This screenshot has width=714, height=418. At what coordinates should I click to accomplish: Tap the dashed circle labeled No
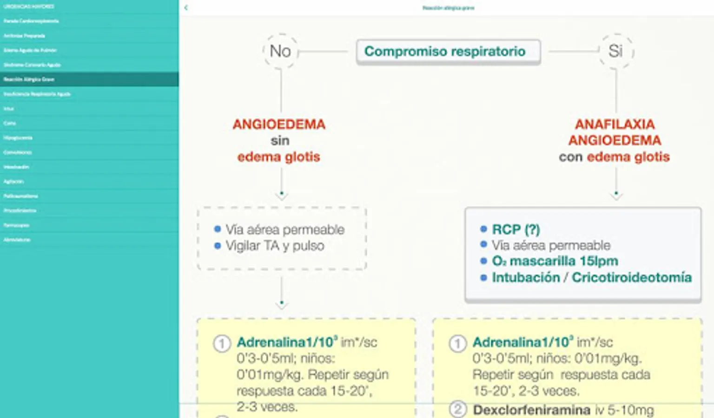(x=280, y=51)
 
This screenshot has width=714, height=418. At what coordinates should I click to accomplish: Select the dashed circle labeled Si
(x=615, y=51)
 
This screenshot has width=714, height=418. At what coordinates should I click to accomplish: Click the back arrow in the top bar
(x=186, y=7)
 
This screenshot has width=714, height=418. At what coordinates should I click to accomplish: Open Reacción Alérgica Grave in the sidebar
(x=29, y=79)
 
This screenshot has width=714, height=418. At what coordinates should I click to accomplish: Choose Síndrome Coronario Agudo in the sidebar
(x=32, y=65)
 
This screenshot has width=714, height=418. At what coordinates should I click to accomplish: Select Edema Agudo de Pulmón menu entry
(x=30, y=50)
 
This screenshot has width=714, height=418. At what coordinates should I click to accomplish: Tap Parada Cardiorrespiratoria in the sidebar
(x=31, y=21)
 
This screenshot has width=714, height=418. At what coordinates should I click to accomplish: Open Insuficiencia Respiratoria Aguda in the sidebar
(x=37, y=94)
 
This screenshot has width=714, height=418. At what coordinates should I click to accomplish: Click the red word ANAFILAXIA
(x=615, y=124)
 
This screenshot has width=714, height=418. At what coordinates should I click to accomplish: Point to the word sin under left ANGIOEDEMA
(x=280, y=140)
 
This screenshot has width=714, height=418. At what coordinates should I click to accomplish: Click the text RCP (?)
(x=516, y=229)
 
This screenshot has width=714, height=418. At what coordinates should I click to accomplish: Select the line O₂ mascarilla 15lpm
(x=555, y=261)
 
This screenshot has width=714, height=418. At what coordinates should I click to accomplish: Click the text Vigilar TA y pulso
(x=274, y=246)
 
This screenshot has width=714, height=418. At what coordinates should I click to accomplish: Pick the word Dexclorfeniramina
(x=531, y=410)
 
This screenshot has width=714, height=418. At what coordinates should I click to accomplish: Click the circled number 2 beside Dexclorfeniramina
(x=457, y=409)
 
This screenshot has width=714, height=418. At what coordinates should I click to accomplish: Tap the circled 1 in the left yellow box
(x=222, y=344)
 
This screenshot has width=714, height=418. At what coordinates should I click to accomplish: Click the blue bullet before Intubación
(x=483, y=277)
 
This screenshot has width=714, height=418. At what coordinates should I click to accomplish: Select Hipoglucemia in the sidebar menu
(x=18, y=138)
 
